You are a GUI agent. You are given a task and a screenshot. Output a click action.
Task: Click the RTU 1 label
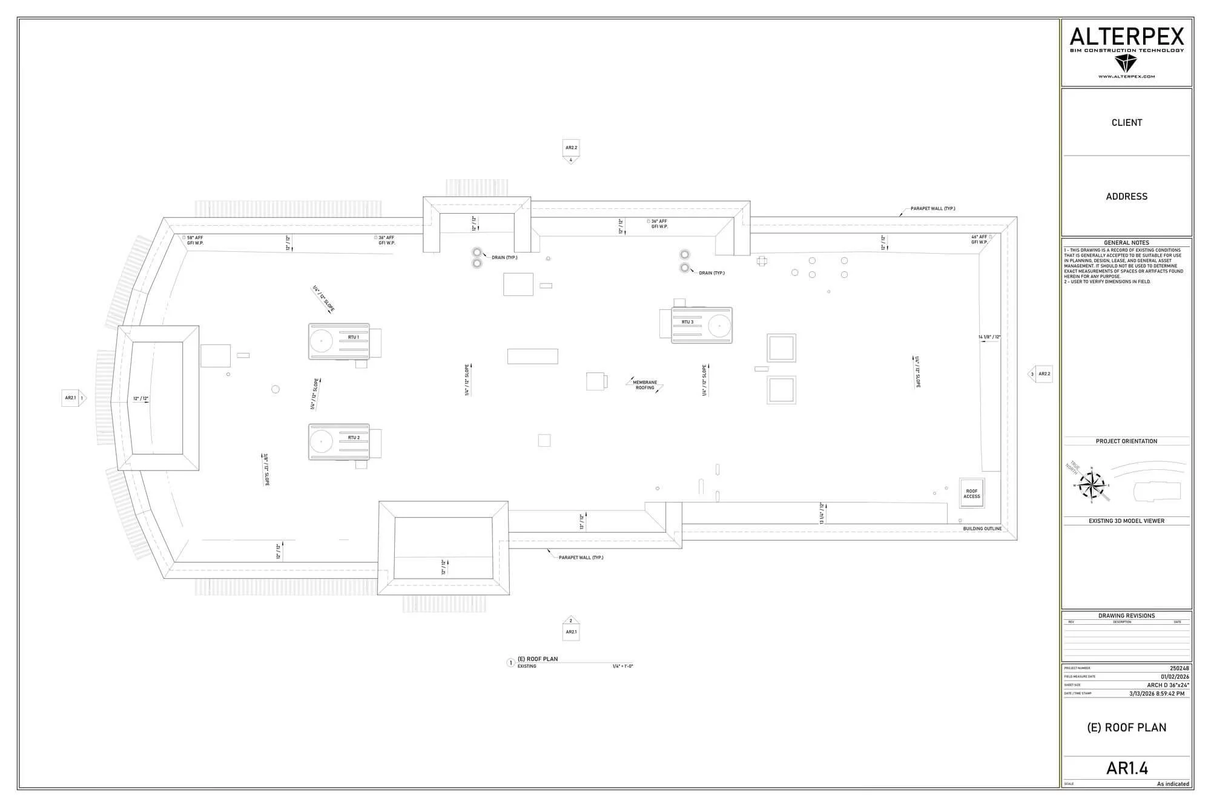(353, 337)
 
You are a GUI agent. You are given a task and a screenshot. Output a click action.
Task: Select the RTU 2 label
(354, 438)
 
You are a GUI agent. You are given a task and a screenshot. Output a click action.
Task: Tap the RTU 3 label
(687, 322)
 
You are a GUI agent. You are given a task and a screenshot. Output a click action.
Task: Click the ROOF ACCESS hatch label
(971, 494)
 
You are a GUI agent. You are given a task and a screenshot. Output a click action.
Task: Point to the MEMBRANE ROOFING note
(645, 385)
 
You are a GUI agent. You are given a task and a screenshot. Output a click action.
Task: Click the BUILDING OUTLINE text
(982, 529)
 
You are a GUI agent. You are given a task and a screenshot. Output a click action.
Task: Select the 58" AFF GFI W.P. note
(195, 240)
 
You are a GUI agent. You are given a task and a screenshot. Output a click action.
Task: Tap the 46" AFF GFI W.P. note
(979, 239)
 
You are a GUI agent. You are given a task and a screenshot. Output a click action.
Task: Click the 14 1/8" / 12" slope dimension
(989, 337)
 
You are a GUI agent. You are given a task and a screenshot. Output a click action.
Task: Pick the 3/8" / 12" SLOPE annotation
(266, 470)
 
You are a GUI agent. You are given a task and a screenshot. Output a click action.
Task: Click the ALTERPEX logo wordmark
(1126, 38)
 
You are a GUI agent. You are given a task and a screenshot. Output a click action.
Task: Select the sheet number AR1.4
(1127, 768)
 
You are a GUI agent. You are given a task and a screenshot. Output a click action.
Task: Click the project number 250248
(1179, 668)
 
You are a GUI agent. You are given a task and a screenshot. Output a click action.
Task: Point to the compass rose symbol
(1092, 485)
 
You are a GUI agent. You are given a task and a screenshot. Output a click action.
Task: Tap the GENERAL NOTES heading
(1126, 243)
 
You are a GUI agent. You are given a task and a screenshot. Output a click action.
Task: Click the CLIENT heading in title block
(1126, 123)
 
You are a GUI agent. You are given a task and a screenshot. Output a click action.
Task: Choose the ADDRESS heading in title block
(1126, 197)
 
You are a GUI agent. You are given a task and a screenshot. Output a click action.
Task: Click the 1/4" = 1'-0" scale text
(622, 667)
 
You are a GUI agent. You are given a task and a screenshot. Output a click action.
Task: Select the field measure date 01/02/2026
(1175, 677)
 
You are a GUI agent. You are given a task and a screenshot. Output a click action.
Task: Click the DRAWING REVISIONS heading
(1126, 616)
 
